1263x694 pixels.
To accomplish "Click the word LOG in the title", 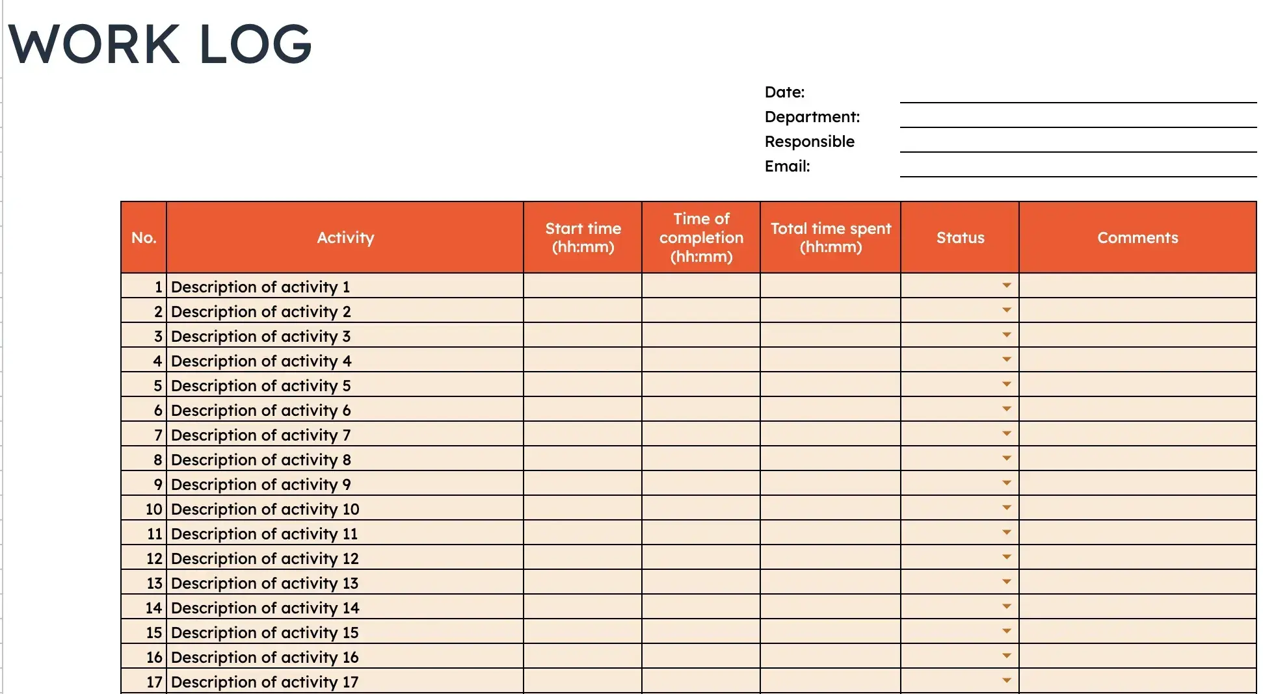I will [256, 44].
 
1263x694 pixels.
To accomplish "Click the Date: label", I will [784, 92].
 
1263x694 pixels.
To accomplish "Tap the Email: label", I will [787, 166].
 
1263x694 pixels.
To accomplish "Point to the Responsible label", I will [809, 142].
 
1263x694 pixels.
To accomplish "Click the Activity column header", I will [345, 238].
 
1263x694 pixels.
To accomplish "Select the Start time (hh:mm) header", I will [583, 238].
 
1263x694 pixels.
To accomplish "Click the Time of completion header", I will [701, 238].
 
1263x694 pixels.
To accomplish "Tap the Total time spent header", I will [831, 238].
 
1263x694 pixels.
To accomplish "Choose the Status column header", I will [960, 238].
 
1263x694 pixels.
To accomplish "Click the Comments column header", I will [1137, 238].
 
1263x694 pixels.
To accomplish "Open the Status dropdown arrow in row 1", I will [1007, 286].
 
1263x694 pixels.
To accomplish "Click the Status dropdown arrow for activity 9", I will [1007, 483].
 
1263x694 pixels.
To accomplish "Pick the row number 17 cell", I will [144, 682].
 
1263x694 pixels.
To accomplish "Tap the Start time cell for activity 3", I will [583, 336].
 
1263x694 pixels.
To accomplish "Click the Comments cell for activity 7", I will [1137, 435].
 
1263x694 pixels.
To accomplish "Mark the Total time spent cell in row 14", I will [831, 608].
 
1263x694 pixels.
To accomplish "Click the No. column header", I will [144, 238].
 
